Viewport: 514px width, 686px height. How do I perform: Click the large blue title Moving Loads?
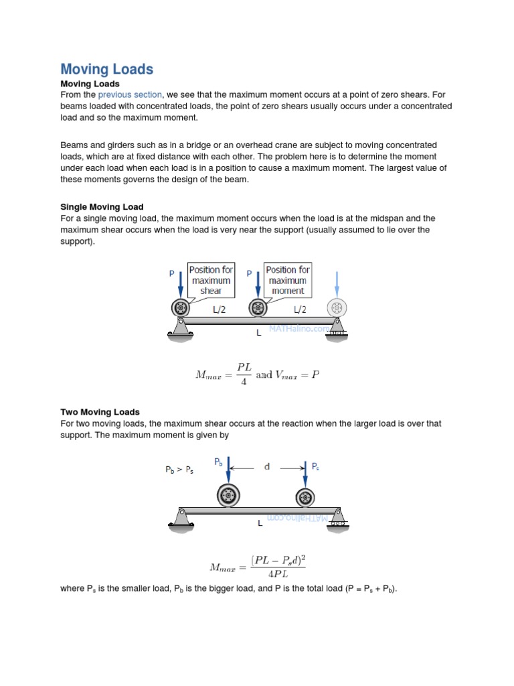click(x=106, y=69)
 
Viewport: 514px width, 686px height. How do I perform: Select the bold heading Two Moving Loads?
click(x=100, y=412)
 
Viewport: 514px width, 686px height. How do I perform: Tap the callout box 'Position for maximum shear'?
click(x=211, y=281)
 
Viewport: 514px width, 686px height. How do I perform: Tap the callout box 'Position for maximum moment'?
click(x=288, y=281)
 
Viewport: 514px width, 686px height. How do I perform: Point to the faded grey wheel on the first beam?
click(x=337, y=308)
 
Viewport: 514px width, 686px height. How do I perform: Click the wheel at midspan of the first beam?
click(x=258, y=308)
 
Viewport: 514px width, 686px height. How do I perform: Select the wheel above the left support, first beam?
click(x=181, y=308)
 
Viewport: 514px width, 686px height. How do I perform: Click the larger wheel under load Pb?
click(x=228, y=496)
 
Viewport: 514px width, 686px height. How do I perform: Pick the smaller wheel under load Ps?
click(x=305, y=498)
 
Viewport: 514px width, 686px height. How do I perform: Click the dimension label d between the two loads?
click(x=267, y=466)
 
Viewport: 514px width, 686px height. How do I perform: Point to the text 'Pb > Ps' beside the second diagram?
click(x=179, y=470)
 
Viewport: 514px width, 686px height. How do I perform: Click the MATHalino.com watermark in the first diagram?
click(x=298, y=329)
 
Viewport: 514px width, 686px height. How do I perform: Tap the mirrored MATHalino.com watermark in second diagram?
click(x=298, y=519)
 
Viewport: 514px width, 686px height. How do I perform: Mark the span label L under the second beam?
click(x=260, y=524)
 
